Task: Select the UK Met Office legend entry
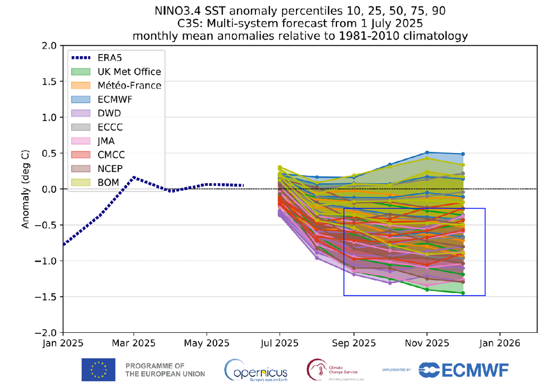click(x=129, y=71)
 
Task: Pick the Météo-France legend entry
click(x=129, y=85)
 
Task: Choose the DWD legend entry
click(x=110, y=113)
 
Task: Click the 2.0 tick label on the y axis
click(x=49, y=46)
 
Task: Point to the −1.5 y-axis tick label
click(x=46, y=297)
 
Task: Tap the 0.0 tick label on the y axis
click(x=49, y=189)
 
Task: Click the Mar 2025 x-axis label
click(x=134, y=343)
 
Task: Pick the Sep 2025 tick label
click(x=353, y=343)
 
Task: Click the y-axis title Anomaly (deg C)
click(x=25, y=189)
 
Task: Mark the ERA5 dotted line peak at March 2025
click(x=134, y=177)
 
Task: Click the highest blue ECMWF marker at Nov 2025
click(x=427, y=152)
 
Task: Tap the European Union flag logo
click(x=98, y=369)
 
